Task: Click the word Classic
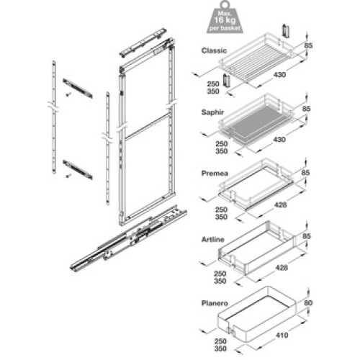point(214,50)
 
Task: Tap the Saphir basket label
point(212,112)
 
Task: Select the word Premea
point(215,174)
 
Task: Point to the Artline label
point(213,239)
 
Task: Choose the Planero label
point(215,303)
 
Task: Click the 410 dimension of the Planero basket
point(282,335)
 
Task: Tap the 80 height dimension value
point(308,303)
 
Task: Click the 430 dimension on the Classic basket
point(279,75)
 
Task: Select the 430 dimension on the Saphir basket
point(279,139)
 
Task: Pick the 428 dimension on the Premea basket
point(280,204)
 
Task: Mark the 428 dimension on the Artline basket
point(282,267)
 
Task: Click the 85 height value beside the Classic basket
point(308,45)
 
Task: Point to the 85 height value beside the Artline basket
point(306,236)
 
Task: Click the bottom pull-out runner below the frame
point(128,238)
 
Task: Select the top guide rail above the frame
point(143,42)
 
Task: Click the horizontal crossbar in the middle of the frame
point(148,127)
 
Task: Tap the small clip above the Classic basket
point(285,32)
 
